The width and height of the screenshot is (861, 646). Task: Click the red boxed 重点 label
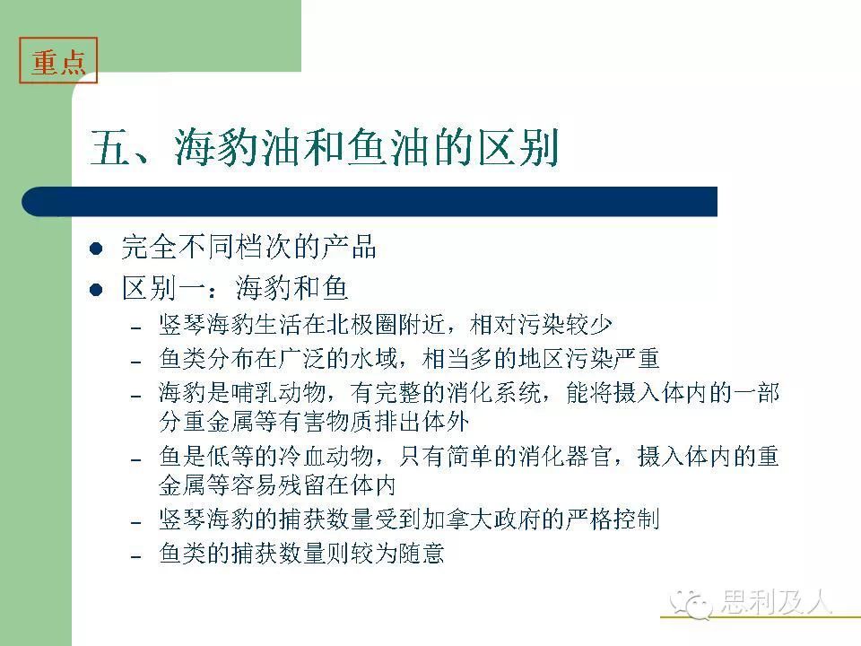point(58,60)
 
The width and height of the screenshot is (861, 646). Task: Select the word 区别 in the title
point(518,147)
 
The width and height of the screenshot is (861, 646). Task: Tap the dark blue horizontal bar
point(369,202)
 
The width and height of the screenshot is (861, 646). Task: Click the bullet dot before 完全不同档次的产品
point(96,249)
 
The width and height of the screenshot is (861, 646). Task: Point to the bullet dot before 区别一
point(96,290)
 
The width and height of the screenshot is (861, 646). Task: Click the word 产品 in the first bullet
point(349,247)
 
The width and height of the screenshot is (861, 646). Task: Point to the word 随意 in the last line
point(422,553)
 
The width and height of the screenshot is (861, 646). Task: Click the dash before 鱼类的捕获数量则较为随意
point(136,556)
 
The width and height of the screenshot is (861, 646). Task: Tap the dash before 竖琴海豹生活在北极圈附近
point(136,328)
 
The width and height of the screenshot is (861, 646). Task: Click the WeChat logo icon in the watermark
point(691,604)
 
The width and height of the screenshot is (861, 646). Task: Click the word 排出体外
point(422,422)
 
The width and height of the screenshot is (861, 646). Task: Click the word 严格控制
point(613,519)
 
